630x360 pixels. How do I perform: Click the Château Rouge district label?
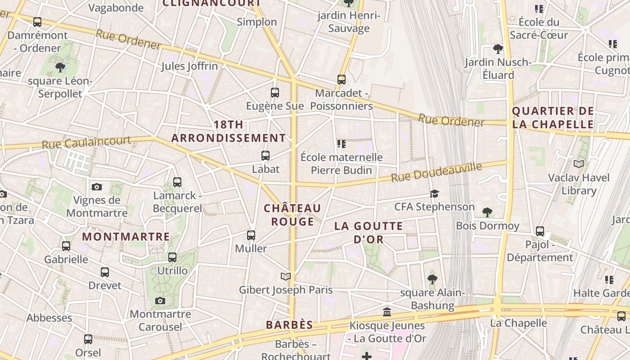coord(292,215)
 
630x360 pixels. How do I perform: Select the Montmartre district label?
coord(126,237)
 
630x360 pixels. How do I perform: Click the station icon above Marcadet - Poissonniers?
coord(342,80)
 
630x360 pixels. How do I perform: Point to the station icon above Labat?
coord(265,156)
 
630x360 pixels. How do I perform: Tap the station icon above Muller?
coord(251,235)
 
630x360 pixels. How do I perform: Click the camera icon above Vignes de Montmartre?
coord(96,187)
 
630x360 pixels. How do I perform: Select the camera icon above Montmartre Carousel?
coord(160,301)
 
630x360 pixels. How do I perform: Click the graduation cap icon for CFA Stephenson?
coord(434,193)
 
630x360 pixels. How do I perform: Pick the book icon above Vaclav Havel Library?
coord(579,164)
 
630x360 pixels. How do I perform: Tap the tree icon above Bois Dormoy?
coord(487,212)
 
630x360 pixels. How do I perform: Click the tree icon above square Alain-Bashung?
coord(432,279)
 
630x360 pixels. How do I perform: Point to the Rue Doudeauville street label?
coord(436,172)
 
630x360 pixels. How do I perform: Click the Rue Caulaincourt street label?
coord(86,142)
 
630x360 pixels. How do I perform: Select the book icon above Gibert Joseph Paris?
coord(286,276)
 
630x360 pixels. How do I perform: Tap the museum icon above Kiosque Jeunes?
coord(387,312)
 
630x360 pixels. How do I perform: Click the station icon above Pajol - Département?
coord(540,231)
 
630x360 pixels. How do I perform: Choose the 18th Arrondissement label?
coord(229,131)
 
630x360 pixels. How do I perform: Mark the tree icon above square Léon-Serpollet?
coord(60,67)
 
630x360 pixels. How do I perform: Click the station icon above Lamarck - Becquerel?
coord(177,182)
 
